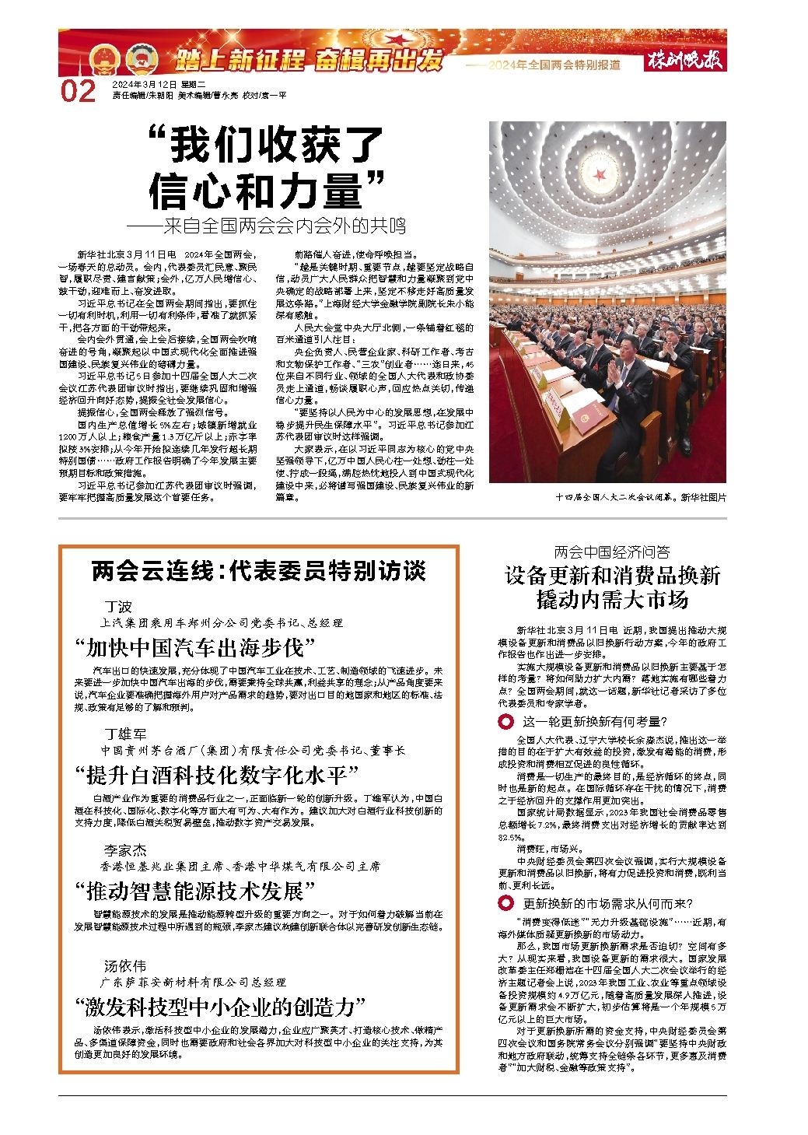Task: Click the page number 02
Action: tap(78, 90)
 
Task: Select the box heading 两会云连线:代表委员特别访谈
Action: tap(259, 572)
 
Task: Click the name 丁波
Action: tap(119, 607)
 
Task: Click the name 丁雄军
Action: tap(126, 734)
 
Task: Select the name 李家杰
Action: tap(126, 849)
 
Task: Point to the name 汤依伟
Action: tap(126, 966)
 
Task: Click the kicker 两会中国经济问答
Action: tap(612, 552)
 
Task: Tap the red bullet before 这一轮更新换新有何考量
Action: tap(507, 720)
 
